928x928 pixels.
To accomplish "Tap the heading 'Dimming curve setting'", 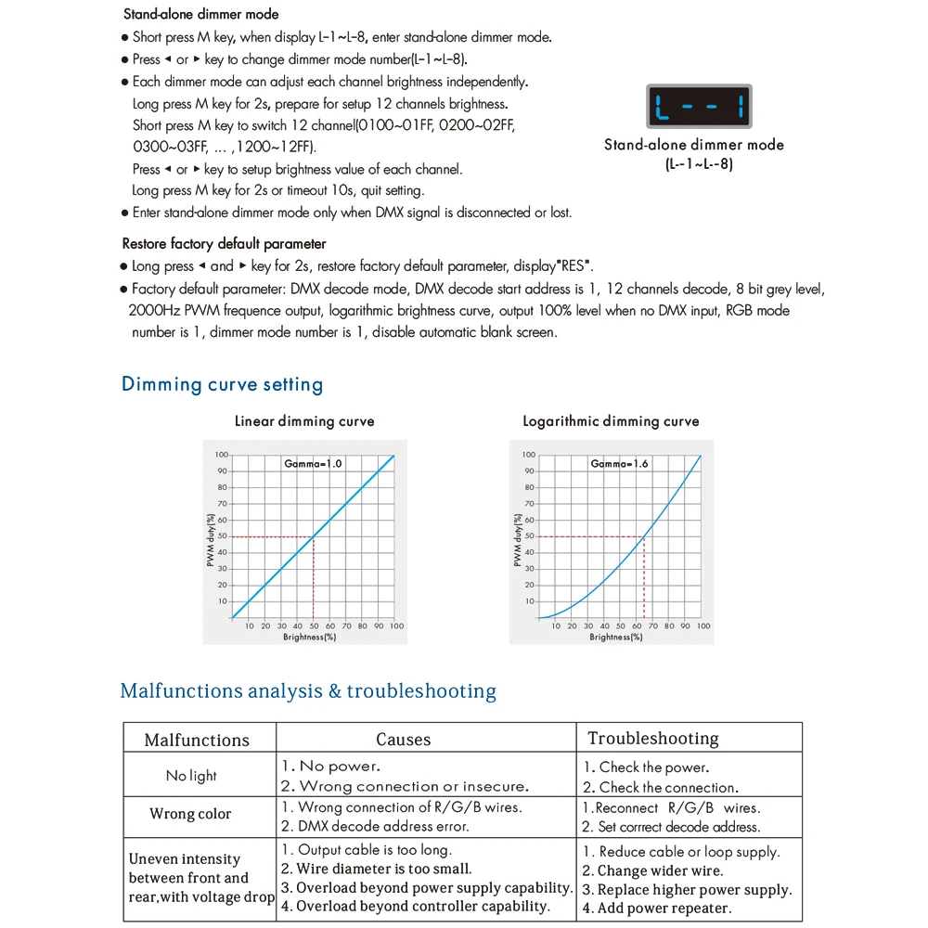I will pos(222,384).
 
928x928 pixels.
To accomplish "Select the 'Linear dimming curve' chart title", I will pos(304,421).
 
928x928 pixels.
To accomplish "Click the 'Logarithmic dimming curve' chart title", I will pos(611,421).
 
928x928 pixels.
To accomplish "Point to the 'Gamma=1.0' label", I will pos(314,462).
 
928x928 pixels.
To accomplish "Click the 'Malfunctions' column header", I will pos(197,740).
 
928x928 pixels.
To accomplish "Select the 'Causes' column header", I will pos(403,740).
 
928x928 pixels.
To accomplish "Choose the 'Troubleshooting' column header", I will pos(653,739).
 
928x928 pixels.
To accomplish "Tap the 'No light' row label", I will pos(191,776).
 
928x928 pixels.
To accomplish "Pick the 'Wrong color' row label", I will pos(190,814).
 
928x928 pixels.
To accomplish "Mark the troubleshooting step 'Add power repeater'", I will pos(657,909).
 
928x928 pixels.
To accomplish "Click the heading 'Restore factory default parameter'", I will pos(224,244).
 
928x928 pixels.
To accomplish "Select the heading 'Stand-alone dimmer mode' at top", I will pos(200,15).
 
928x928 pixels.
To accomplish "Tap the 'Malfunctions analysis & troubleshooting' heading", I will pos(308,691).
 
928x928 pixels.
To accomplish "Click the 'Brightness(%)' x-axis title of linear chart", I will pos(310,638).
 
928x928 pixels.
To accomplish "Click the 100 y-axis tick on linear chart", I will pos(221,455).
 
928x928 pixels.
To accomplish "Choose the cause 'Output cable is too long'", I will pos(367,850).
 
